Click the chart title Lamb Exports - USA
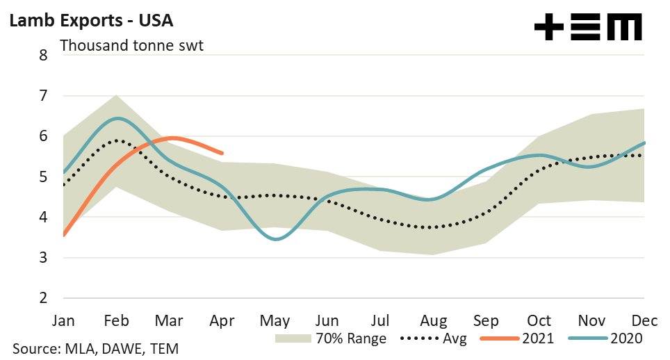[x=90, y=20]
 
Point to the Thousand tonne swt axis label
[x=131, y=46]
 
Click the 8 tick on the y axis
[x=43, y=55]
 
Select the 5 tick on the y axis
[x=43, y=177]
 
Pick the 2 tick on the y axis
[x=43, y=298]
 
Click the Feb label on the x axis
[x=117, y=320]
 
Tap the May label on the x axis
[x=276, y=320]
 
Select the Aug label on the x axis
[x=434, y=320]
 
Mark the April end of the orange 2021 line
[x=222, y=153]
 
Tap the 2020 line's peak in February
[x=117, y=118]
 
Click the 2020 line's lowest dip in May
[x=277, y=239]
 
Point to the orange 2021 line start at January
[x=64, y=236]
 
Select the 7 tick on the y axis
[x=43, y=95]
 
